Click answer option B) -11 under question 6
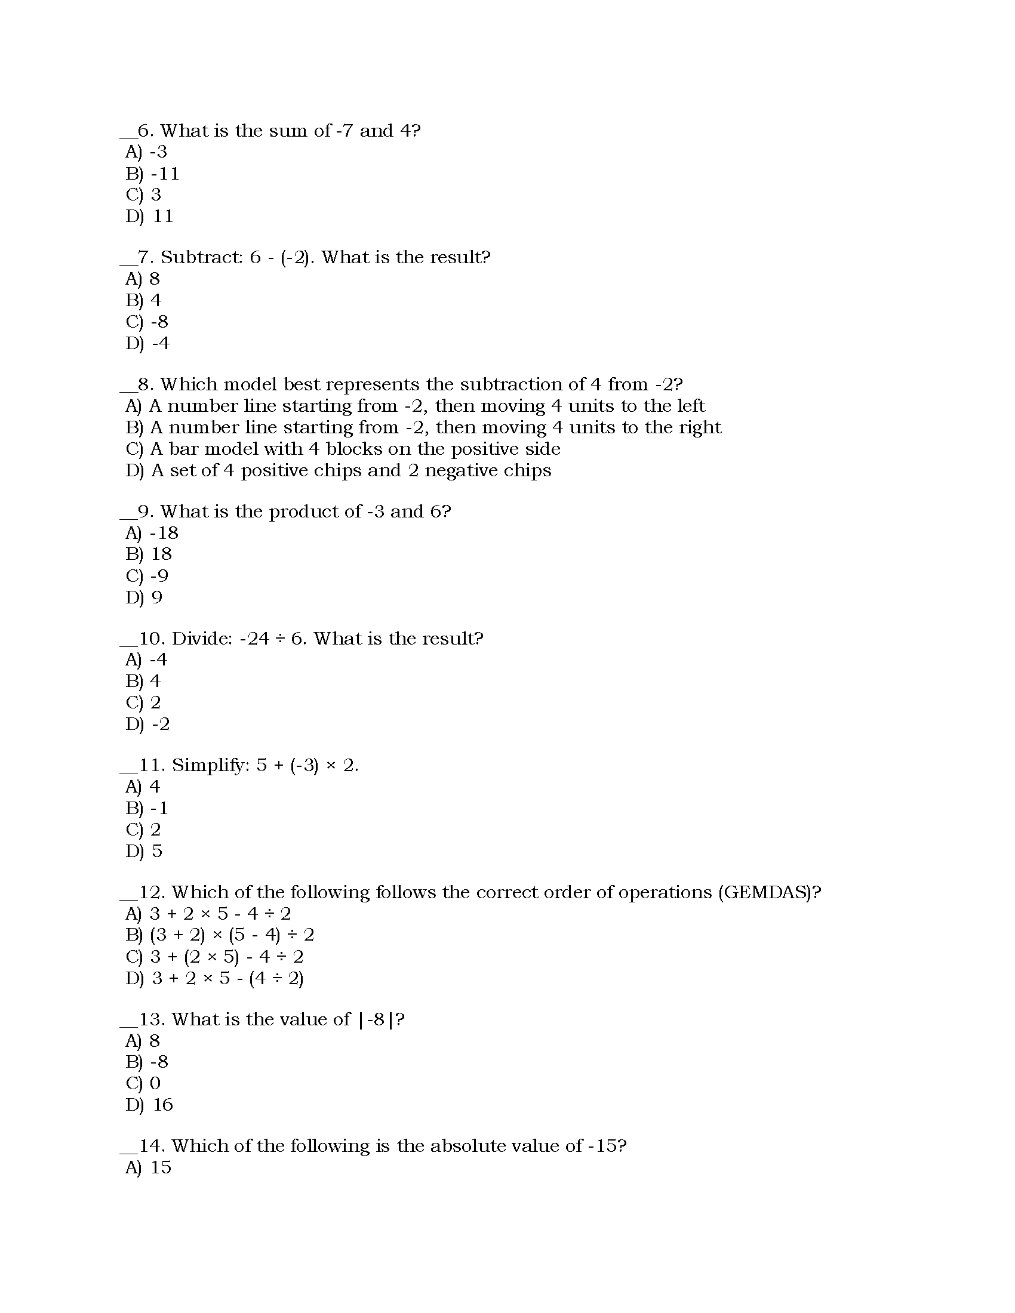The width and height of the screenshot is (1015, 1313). pos(152,174)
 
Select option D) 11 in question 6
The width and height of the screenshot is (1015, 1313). pos(149,216)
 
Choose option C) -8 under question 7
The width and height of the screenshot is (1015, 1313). pos(147,322)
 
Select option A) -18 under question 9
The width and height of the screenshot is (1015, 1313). pos(152,532)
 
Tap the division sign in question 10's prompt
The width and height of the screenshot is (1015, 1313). pos(279,639)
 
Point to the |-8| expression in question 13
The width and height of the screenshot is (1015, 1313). pos(376,1019)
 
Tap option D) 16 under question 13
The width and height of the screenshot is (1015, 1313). pos(149,1104)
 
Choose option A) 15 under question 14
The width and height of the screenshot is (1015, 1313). pos(149,1167)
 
